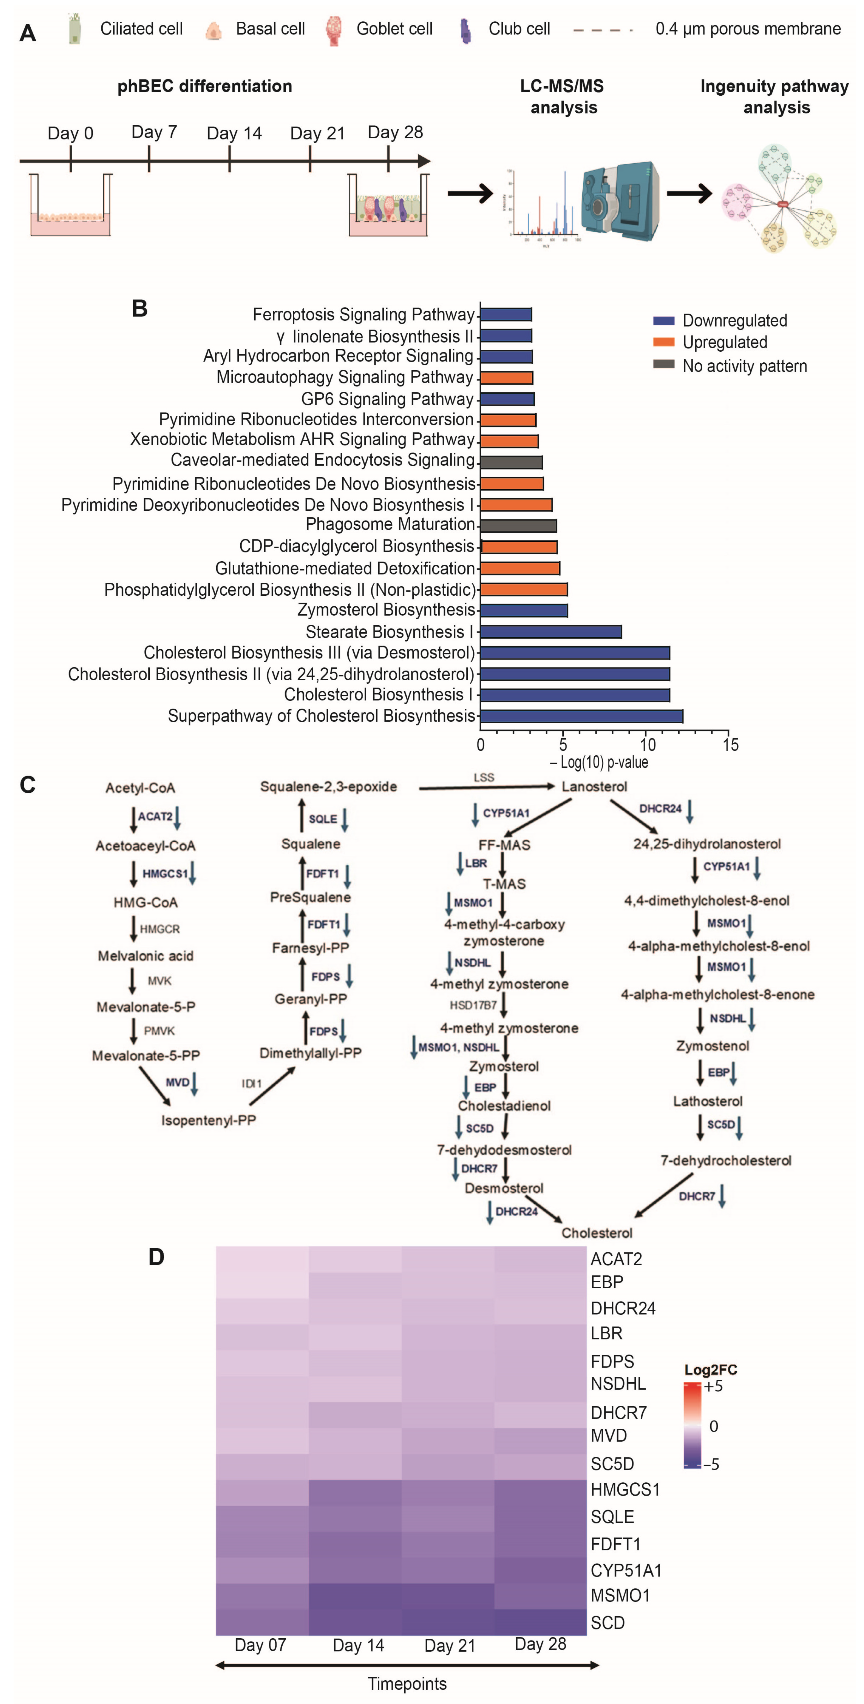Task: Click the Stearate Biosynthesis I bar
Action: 550,632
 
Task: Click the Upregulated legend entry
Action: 724,342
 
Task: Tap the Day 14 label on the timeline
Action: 234,134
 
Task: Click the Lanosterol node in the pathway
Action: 594,787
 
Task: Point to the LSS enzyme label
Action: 483,777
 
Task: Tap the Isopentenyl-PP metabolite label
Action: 208,1120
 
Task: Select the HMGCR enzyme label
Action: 159,929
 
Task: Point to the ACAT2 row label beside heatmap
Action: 616,1259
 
